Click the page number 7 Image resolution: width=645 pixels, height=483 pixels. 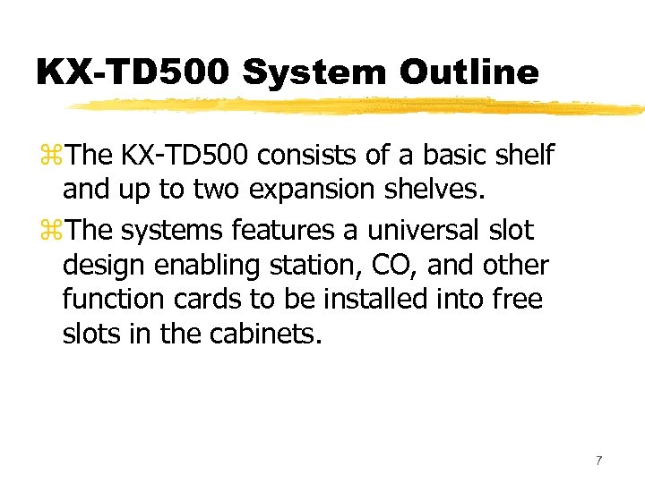coord(598,461)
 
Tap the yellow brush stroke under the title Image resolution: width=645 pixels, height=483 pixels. coord(358,107)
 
